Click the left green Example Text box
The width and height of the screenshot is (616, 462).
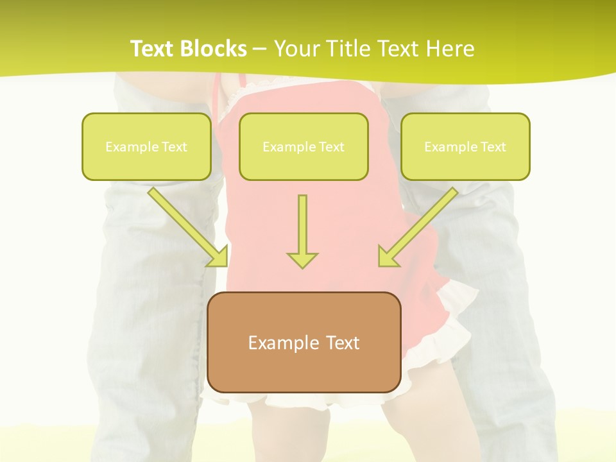point(146,146)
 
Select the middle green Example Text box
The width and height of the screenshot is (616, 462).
point(304,146)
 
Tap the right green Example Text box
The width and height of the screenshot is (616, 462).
point(465,146)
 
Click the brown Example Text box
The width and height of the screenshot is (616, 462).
point(304,342)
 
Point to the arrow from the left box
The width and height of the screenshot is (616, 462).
point(186,225)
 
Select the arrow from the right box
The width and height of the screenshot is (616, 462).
point(420,225)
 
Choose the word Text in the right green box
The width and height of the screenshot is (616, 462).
point(493,147)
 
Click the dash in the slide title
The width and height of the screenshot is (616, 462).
point(260,49)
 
